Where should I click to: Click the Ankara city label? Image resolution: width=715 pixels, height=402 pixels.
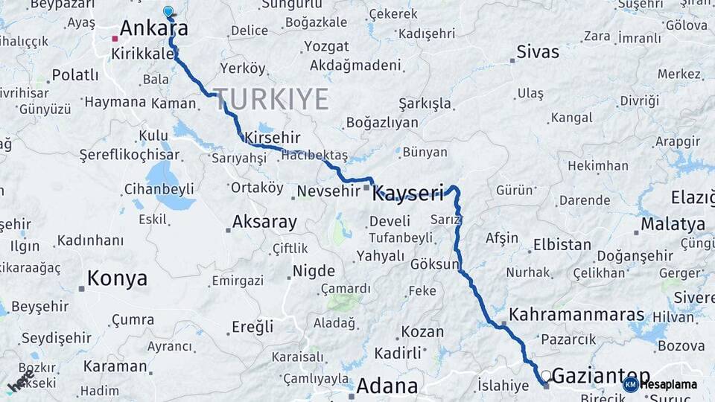click(153, 28)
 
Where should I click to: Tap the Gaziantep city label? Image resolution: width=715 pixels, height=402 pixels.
click(601, 376)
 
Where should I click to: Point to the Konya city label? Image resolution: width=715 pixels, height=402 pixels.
click(117, 279)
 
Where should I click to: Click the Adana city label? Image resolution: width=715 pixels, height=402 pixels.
click(387, 386)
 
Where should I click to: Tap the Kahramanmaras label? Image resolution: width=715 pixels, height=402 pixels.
click(576, 315)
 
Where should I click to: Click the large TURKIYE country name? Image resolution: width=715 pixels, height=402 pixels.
click(271, 99)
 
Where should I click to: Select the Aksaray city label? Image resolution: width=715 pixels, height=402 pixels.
click(264, 222)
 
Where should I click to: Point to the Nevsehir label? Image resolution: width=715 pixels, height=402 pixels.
click(328, 191)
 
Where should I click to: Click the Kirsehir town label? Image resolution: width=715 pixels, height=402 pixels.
click(272, 138)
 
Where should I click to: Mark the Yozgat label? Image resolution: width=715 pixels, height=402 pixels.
click(326, 47)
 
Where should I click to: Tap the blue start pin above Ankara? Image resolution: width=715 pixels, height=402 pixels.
click(168, 12)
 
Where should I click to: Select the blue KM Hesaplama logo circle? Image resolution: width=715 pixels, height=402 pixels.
click(630, 384)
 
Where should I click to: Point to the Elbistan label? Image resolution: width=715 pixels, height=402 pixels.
click(562, 245)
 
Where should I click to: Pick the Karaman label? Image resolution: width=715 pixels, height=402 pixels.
click(115, 366)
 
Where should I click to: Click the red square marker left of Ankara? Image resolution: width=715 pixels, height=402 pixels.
click(115, 38)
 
